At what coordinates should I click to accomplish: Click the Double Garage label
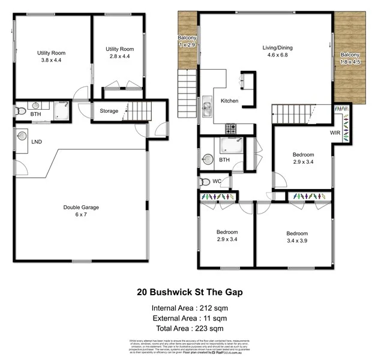coord(81,207)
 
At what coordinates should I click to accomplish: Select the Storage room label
coord(109,111)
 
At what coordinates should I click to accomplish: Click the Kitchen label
coord(231,101)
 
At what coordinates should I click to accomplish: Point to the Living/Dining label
coord(276,47)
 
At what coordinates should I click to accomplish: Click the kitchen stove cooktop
coord(230,128)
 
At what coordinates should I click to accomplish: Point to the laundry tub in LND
coord(22,136)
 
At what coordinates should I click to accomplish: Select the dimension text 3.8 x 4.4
coord(51,61)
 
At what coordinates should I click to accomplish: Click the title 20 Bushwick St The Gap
coord(189,293)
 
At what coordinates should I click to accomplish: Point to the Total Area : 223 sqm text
coord(189,328)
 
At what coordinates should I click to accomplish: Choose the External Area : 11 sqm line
coord(189,318)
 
